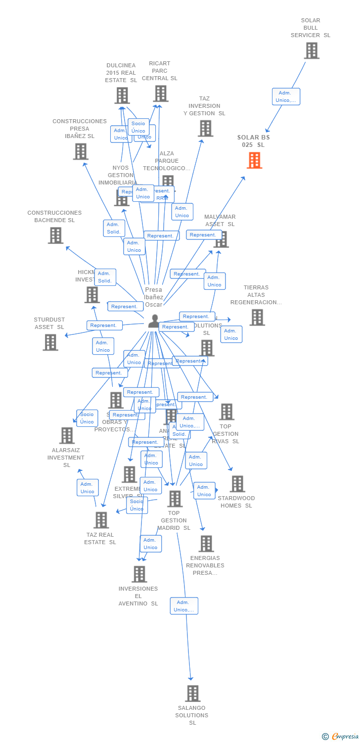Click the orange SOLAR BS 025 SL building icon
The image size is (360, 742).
coord(254,161)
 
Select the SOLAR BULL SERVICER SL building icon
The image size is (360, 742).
coord(312,51)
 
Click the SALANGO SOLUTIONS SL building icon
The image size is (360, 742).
coord(193,694)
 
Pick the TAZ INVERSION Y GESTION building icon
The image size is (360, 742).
coord(205,129)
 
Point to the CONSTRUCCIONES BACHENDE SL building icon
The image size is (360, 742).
coord(55,235)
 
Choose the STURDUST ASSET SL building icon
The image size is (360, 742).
coord(50,342)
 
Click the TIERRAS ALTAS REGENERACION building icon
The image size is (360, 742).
coord(257,318)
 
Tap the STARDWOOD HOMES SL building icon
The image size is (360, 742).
coord(237,484)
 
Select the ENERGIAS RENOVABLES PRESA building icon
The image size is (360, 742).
coord(206,544)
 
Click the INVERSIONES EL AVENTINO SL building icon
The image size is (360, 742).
coord(139,574)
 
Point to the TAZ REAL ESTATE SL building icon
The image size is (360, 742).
coord(101,520)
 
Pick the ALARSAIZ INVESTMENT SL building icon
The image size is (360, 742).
coord(67,436)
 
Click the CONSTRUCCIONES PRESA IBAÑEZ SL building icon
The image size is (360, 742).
coord(81,152)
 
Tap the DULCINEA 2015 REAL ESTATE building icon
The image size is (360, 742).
coord(122,95)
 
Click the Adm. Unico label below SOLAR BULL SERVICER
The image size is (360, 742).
coord(286,96)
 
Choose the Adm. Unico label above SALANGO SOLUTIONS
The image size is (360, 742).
coord(184,606)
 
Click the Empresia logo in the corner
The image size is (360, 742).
coord(341,737)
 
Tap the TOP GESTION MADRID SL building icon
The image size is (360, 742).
coord(175,499)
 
